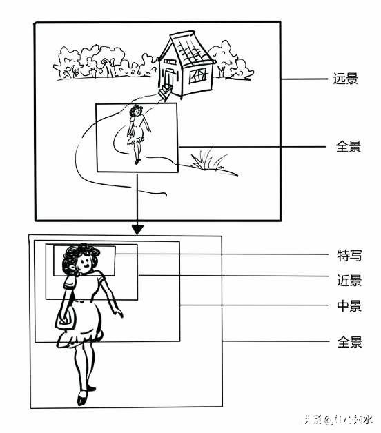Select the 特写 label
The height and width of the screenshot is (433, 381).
pyautogui.click(x=348, y=255)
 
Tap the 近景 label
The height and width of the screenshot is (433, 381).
pyautogui.click(x=348, y=280)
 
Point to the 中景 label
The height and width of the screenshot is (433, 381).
pyautogui.click(x=348, y=306)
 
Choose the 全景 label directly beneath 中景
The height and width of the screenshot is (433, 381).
pyautogui.click(x=348, y=341)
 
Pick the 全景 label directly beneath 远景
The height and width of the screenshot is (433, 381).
pyautogui.click(x=348, y=146)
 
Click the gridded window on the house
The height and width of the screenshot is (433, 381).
pyautogui.click(x=197, y=74)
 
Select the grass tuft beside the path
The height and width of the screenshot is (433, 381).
pyautogui.click(x=207, y=161)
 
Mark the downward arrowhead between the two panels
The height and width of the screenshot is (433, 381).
pyautogui.click(x=137, y=228)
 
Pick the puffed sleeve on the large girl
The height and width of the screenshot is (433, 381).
pyautogui.click(x=70, y=281)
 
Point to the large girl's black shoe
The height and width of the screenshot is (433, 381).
pyautogui.click(x=83, y=398)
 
